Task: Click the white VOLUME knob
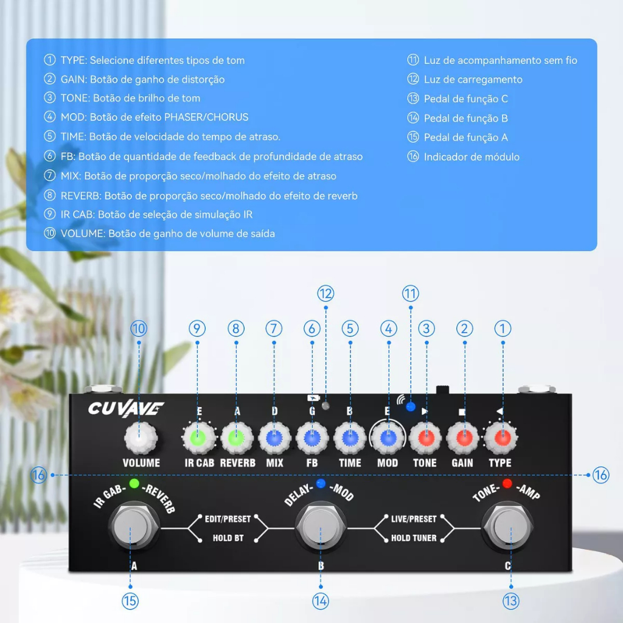[x=140, y=437]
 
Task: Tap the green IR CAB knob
[x=198, y=437]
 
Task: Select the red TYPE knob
[x=502, y=437]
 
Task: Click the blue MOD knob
[x=388, y=437]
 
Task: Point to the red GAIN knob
[x=464, y=437]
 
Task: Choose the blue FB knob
[x=312, y=437]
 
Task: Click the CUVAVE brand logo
[x=125, y=408]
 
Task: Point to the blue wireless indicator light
[x=411, y=406]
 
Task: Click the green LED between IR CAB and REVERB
[x=134, y=485]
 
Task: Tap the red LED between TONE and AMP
[x=507, y=484]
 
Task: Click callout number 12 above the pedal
[x=325, y=293]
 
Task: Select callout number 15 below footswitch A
[x=130, y=601]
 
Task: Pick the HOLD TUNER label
[x=414, y=538]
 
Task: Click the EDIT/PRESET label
[x=228, y=519]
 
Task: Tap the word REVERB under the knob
[x=237, y=463]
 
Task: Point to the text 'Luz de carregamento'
[x=473, y=80]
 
